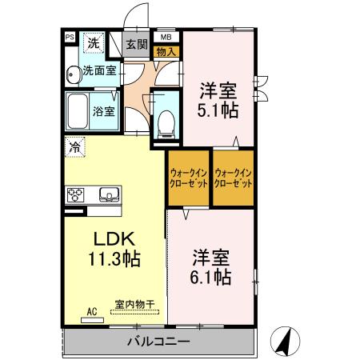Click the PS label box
[69, 37]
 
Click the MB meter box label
[166, 37]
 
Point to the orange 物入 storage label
[166, 51]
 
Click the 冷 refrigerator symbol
[74, 146]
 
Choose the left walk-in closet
[189, 178]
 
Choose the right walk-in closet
[234, 178]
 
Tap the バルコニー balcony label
[158, 342]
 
